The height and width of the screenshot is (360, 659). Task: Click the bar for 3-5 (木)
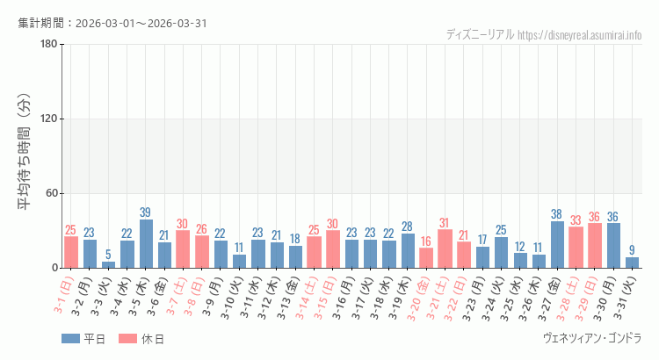pos(146,244)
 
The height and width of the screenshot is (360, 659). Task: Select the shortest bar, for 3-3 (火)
pos(108,264)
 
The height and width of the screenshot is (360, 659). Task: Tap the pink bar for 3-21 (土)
pos(445,248)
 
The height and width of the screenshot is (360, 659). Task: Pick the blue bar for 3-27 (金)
pos(557,244)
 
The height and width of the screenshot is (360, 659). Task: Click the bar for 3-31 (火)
pos(632,263)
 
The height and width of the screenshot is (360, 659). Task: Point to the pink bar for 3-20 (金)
pos(426,258)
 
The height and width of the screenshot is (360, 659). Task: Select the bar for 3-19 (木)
pos(408,251)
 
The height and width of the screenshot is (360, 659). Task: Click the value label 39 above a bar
pos(146,212)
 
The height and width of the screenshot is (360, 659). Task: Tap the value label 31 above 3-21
pos(445,223)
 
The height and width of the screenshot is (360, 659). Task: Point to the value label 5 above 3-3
pos(108,255)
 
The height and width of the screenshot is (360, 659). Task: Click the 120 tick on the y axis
pos(48,119)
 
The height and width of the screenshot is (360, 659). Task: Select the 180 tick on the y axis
pos(48,45)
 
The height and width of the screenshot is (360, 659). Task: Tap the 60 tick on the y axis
pos(51,194)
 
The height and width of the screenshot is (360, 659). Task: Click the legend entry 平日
pos(83,339)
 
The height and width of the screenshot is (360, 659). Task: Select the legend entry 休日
pos(141,339)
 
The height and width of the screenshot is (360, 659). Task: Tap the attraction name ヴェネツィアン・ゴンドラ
pos(593,338)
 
